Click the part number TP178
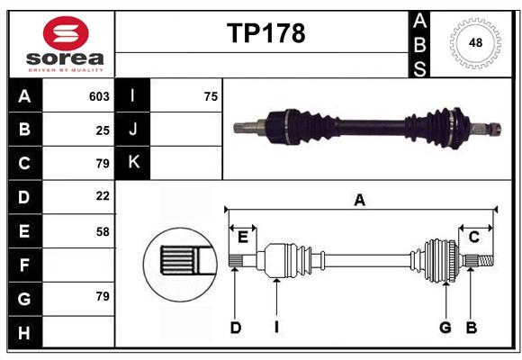tap(266, 33)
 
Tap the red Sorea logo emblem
tap(66, 33)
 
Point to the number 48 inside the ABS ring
tap(475, 42)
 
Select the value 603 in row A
tap(99, 96)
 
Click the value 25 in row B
tap(103, 130)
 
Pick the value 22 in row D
tap(103, 196)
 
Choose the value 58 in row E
tap(103, 232)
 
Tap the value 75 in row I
tap(211, 96)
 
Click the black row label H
tap(25, 332)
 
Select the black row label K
tap(132, 163)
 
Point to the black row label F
tap(25, 265)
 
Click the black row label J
tap(132, 129)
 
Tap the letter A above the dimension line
tap(359, 201)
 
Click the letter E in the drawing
tap(243, 238)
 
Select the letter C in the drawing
tap(473, 237)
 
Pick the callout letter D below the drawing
tap(236, 328)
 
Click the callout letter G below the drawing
tap(445, 328)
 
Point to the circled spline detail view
tap(180, 265)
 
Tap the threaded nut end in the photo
tap(495, 129)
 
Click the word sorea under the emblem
tap(65, 58)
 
